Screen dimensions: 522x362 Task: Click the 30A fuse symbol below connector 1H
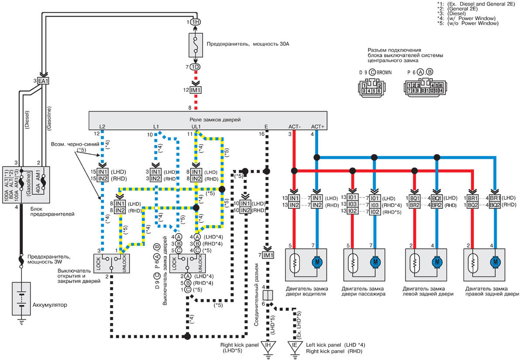pos(196,45)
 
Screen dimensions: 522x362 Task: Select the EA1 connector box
pos(43,81)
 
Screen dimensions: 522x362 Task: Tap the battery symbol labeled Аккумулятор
pos(21,298)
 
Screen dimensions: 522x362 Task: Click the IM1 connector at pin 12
pos(196,90)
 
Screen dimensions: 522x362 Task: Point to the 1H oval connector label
pos(196,22)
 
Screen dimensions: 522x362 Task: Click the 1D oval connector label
pos(195,67)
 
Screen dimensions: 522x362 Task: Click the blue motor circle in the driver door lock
pos(316,262)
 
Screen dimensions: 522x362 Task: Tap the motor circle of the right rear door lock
pos(495,262)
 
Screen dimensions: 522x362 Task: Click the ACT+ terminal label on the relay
pos(317,127)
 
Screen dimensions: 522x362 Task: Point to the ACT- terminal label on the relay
pos(295,127)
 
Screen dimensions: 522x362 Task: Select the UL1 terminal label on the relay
pos(196,127)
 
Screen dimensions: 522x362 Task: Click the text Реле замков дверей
pos(215,120)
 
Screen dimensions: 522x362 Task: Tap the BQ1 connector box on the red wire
pos(415,198)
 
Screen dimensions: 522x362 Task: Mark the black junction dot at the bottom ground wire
pos(187,336)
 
